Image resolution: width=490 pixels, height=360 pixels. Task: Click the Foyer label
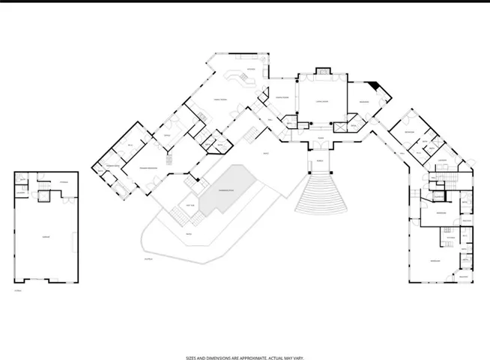point(320,138)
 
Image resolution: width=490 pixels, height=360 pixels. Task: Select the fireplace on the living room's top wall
point(323,71)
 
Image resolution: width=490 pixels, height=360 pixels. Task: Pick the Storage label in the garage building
point(64,182)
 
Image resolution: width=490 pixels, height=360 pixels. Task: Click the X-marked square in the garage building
point(43,196)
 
